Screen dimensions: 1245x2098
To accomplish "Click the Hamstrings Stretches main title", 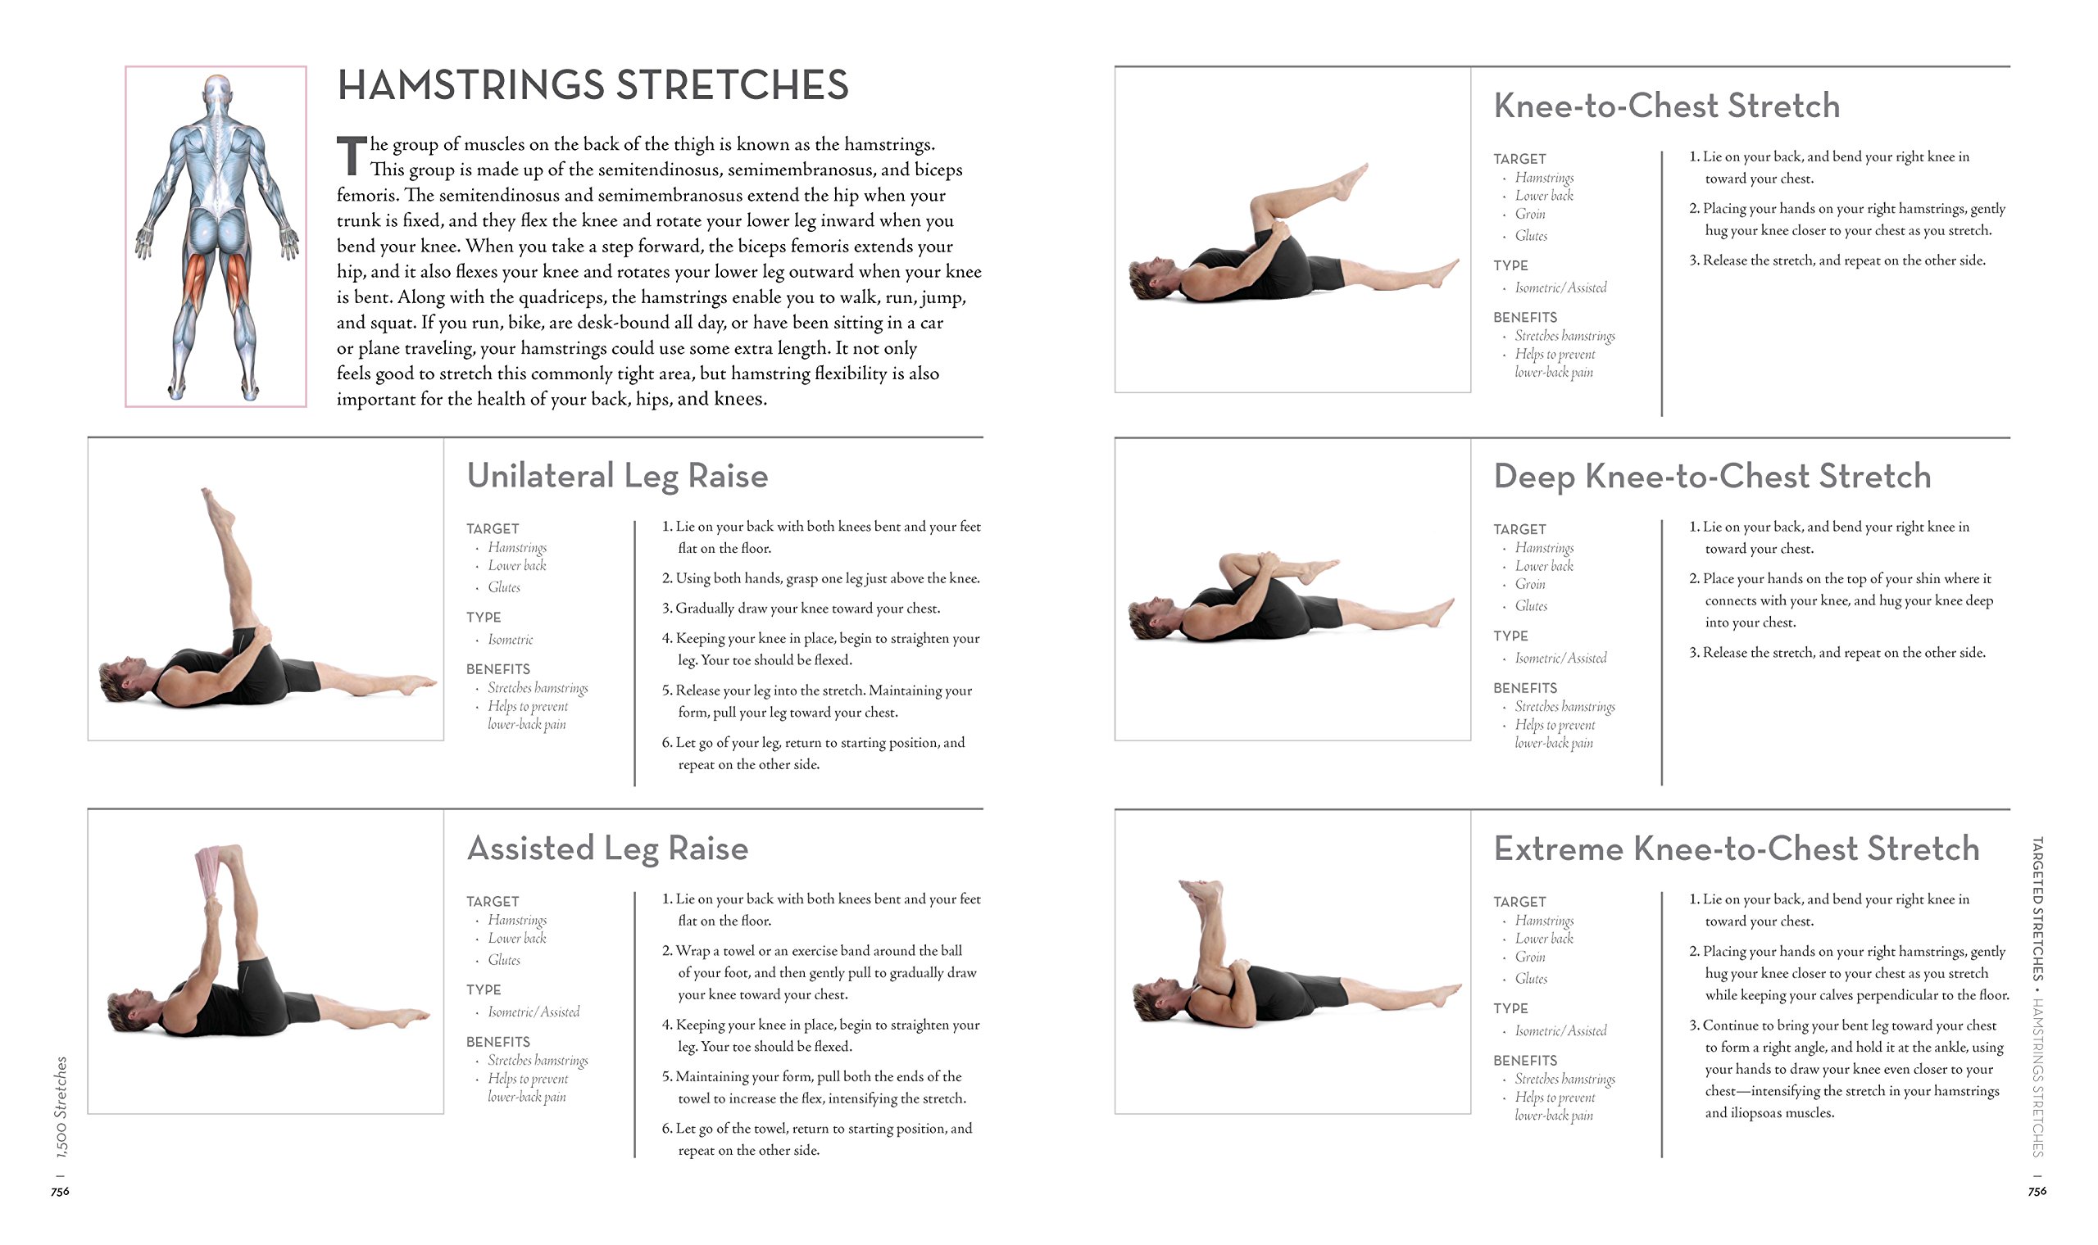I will (593, 85).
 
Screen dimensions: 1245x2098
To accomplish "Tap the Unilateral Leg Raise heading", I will (617, 476).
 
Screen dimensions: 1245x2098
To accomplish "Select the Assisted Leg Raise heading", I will (606, 849).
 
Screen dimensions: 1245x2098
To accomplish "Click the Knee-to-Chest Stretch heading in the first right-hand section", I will (1666, 106).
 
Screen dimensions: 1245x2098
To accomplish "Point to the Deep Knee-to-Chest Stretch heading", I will (1711, 477).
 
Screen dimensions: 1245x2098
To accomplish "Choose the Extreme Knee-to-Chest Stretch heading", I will (1736, 849).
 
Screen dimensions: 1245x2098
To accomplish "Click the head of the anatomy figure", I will (217, 91).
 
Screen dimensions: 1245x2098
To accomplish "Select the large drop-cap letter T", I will (351, 156).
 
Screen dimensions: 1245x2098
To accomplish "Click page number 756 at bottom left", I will (60, 1191).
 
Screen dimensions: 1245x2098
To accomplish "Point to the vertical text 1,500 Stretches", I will (61, 1107).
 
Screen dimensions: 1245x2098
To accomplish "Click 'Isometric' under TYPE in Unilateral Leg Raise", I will (511, 639).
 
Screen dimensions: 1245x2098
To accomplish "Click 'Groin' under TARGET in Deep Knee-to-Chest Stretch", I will (1529, 584).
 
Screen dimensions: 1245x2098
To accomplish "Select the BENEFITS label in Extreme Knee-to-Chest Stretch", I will (1524, 1061).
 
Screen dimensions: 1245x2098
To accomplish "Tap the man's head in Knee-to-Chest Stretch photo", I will (1149, 278).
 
